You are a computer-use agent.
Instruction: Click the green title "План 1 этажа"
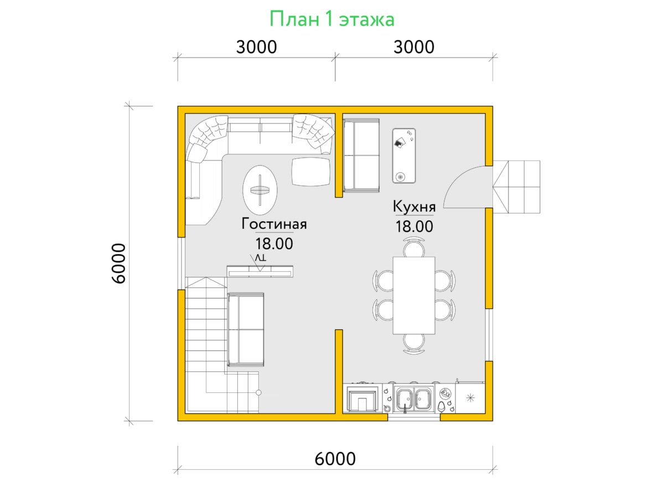pyautogui.click(x=332, y=19)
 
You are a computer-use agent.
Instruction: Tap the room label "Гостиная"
pyautogui.click(x=274, y=224)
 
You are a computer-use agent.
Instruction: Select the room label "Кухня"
pyautogui.click(x=414, y=207)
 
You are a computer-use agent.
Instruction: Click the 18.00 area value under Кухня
pyautogui.click(x=414, y=226)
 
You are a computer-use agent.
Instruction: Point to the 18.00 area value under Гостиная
pyautogui.click(x=274, y=243)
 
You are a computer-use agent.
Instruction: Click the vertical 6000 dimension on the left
pyautogui.click(x=118, y=263)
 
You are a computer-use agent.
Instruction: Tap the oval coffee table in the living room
pyautogui.click(x=260, y=190)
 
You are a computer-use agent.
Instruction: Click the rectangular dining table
pyautogui.click(x=414, y=295)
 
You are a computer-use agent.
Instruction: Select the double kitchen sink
pyautogui.click(x=414, y=399)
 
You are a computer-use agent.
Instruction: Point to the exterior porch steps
pyautogui.click(x=516, y=187)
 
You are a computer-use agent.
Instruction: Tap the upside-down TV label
pyautogui.click(x=261, y=258)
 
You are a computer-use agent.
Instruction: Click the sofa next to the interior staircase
pyautogui.click(x=246, y=329)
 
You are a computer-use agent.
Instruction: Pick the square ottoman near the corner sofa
pyautogui.click(x=311, y=172)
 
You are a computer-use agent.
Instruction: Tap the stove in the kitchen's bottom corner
pyautogui.click(x=362, y=398)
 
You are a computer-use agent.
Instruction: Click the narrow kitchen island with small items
pyautogui.click(x=404, y=155)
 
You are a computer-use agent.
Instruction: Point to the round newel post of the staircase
pyautogui.click(x=258, y=392)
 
